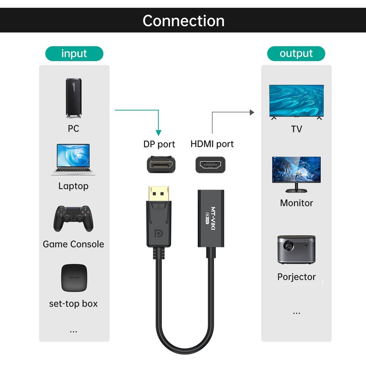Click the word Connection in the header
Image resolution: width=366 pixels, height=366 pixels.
click(x=183, y=21)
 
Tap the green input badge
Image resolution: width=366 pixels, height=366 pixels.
click(x=74, y=54)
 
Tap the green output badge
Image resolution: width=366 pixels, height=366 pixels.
click(x=296, y=54)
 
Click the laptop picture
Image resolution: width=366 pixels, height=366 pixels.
click(x=73, y=160)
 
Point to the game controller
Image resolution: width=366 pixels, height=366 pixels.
click(x=73, y=219)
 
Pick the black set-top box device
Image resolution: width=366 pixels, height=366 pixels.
click(x=74, y=278)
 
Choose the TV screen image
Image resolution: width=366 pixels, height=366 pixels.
click(x=296, y=102)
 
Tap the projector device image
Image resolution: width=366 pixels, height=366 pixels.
click(x=296, y=249)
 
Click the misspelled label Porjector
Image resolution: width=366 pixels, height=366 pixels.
click(x=296, y=277)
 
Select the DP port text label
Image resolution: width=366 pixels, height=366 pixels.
click(x=159, y=144)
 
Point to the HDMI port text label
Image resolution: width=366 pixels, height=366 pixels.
click(x=212, y=144)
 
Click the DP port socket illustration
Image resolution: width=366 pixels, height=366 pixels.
click(x=161, y=164)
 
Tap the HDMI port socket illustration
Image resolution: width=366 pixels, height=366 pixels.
click(x=211, y=164)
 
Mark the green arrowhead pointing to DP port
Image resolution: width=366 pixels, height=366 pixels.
click(x=158, y=131)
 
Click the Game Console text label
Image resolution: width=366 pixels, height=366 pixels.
click(x=73, y=244)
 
